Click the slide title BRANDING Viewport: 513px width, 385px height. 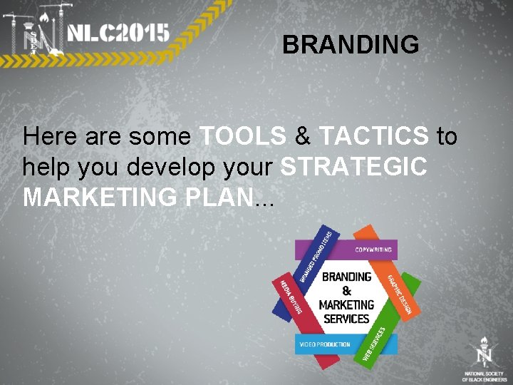tap(351, 45)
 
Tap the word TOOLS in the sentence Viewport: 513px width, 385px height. tap(243, 135)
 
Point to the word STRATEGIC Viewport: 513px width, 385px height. tap(354, 167)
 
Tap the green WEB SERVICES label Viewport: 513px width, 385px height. tap(377, 345)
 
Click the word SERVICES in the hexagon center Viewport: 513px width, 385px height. tap(346, 319)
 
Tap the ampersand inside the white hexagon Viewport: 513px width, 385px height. tap(347, 291)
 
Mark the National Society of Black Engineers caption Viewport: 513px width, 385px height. tap(484, 376)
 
